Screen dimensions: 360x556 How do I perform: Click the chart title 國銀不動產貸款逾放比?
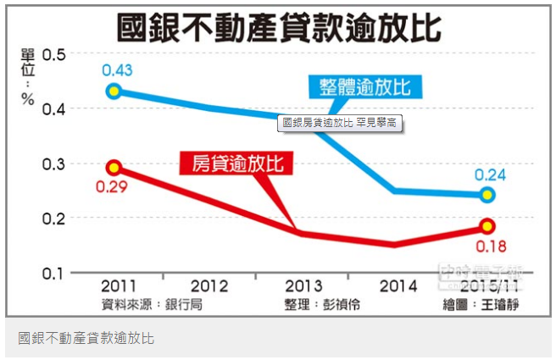(x=279, y=26)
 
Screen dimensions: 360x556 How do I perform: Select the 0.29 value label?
(x=112, y=187)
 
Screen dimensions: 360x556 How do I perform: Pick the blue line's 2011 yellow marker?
(x=113, y=91)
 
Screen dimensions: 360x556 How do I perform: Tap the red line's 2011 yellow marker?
(x=114, y=168)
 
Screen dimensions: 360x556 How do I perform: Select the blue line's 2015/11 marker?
(x=487, y=196)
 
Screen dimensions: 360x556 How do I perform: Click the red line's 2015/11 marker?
(x=487, y=226)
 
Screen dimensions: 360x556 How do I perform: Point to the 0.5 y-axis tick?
(x=54, y=54)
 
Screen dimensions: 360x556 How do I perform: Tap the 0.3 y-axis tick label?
(x=54, y=163)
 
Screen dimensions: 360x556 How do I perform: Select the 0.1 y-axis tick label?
(x=54, y=274)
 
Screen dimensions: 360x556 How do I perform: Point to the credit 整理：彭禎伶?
(x=323, y=304)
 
